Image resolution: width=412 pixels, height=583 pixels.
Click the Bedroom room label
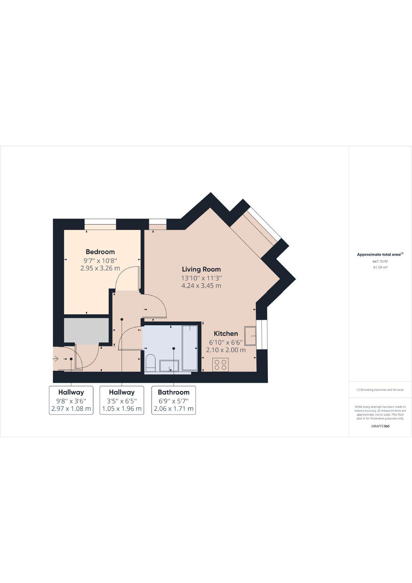100,252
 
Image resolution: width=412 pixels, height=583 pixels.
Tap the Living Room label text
201,269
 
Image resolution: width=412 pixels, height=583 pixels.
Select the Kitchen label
226,334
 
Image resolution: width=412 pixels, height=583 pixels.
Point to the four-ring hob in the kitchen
220,364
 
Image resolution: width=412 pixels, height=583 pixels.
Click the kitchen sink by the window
251,336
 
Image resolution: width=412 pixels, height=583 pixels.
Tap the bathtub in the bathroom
190,347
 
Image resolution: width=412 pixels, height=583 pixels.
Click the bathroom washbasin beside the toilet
169,366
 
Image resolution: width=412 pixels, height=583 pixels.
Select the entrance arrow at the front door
55,359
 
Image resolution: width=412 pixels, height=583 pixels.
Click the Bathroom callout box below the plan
173,400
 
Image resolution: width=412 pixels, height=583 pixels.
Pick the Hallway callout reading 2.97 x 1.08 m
71,400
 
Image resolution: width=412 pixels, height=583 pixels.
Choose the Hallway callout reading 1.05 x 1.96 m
122,400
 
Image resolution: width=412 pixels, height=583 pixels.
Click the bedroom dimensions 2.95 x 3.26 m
100,268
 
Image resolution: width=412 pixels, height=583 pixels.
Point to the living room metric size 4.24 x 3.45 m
201,286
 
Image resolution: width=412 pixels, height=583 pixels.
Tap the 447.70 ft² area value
380,261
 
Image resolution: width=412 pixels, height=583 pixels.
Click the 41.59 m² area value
380,267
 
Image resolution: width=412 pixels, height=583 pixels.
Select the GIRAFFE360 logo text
380,426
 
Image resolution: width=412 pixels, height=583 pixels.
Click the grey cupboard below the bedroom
86,331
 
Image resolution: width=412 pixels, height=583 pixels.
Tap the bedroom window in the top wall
100,224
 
